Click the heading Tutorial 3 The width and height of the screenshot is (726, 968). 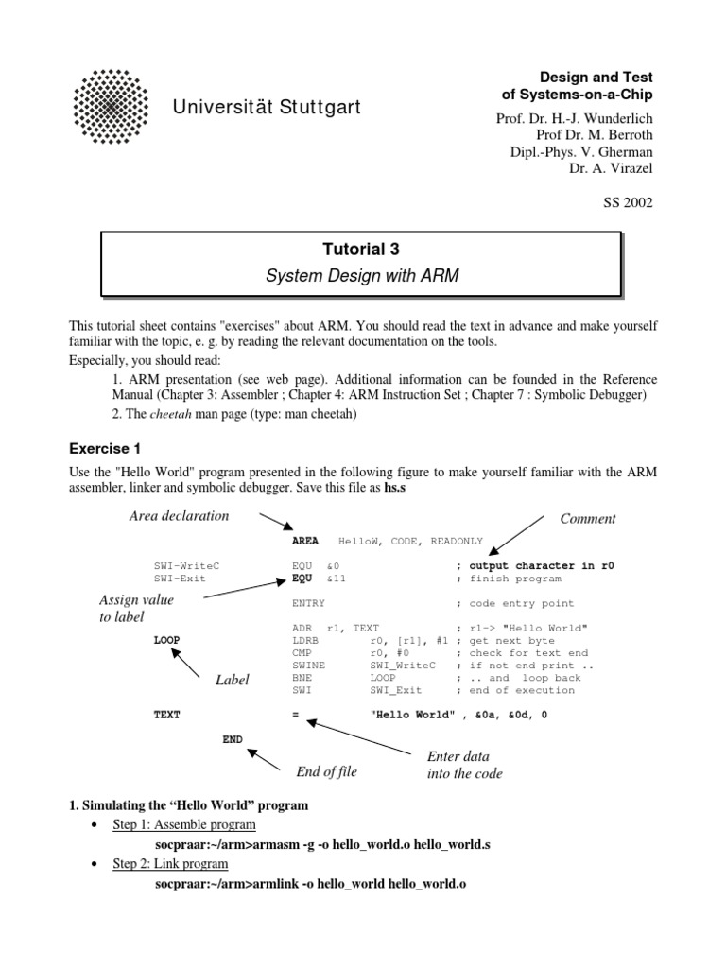(x=361, y=250)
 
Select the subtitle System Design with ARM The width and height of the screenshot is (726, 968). (x=361, y=276)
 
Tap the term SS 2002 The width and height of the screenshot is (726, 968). (x=628, y=201)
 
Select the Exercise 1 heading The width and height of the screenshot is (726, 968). (x=105, y=447)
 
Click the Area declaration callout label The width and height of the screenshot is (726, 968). (x=179, y=515)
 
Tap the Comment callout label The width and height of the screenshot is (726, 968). (x=587, y=518)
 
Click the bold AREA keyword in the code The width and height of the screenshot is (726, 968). (x=305, y=542)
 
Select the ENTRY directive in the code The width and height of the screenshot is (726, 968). (x=309, y=603)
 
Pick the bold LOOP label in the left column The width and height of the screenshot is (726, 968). (x=166, y=640)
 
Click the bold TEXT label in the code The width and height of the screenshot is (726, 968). (x=166, y=715)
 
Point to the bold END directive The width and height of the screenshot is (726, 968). (x=233, y=738)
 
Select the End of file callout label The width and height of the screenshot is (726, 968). (x=326, y=771)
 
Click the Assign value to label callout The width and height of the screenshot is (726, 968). (x=136, y=609)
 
